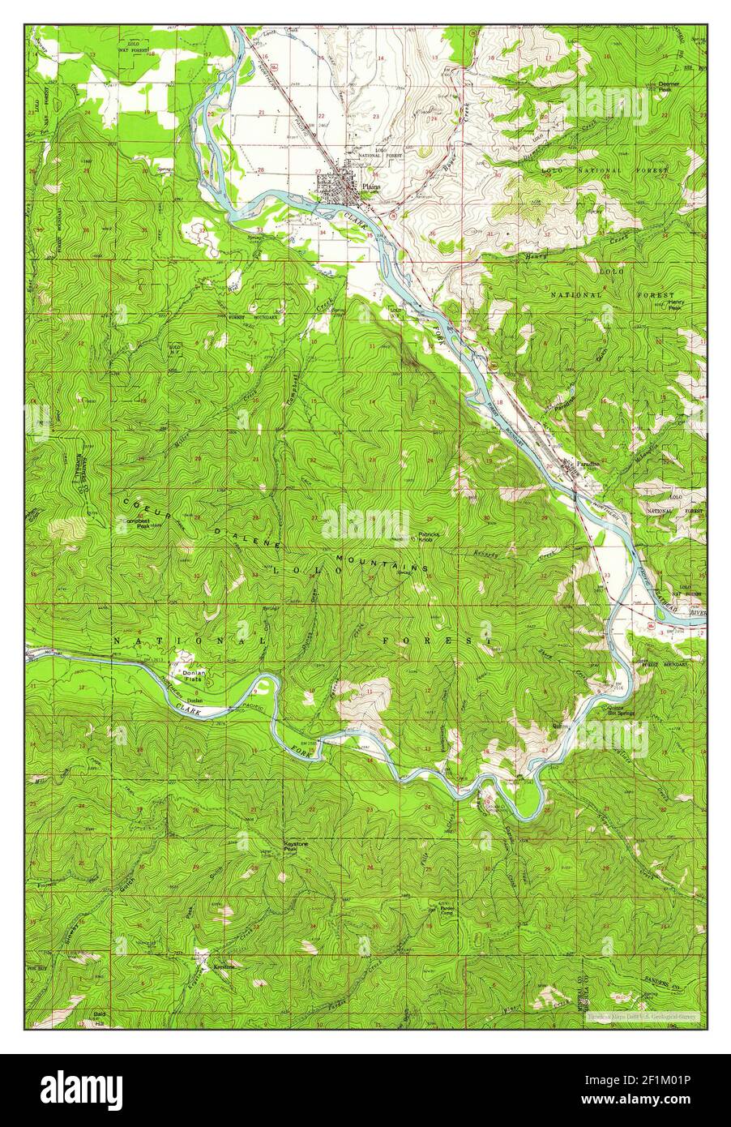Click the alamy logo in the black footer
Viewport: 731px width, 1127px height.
[82, 1086]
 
